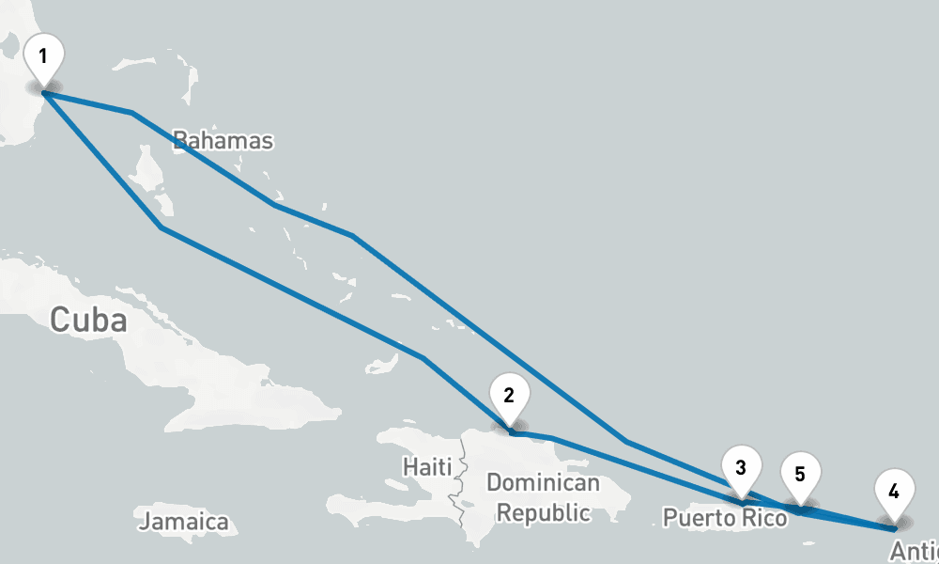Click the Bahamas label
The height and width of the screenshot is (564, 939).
[x=223, y=141]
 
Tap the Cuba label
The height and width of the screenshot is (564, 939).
[x=88, y=320]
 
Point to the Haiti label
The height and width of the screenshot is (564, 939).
[x=427, y=466]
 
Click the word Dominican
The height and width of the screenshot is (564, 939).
[x=543, y=483]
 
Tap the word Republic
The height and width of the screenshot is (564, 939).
[x=544, y=512]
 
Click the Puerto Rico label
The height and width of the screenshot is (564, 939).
[x=724, y=517]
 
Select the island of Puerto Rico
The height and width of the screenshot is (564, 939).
[x=742, y=503]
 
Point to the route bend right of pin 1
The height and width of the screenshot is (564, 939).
[x=131, y=113]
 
